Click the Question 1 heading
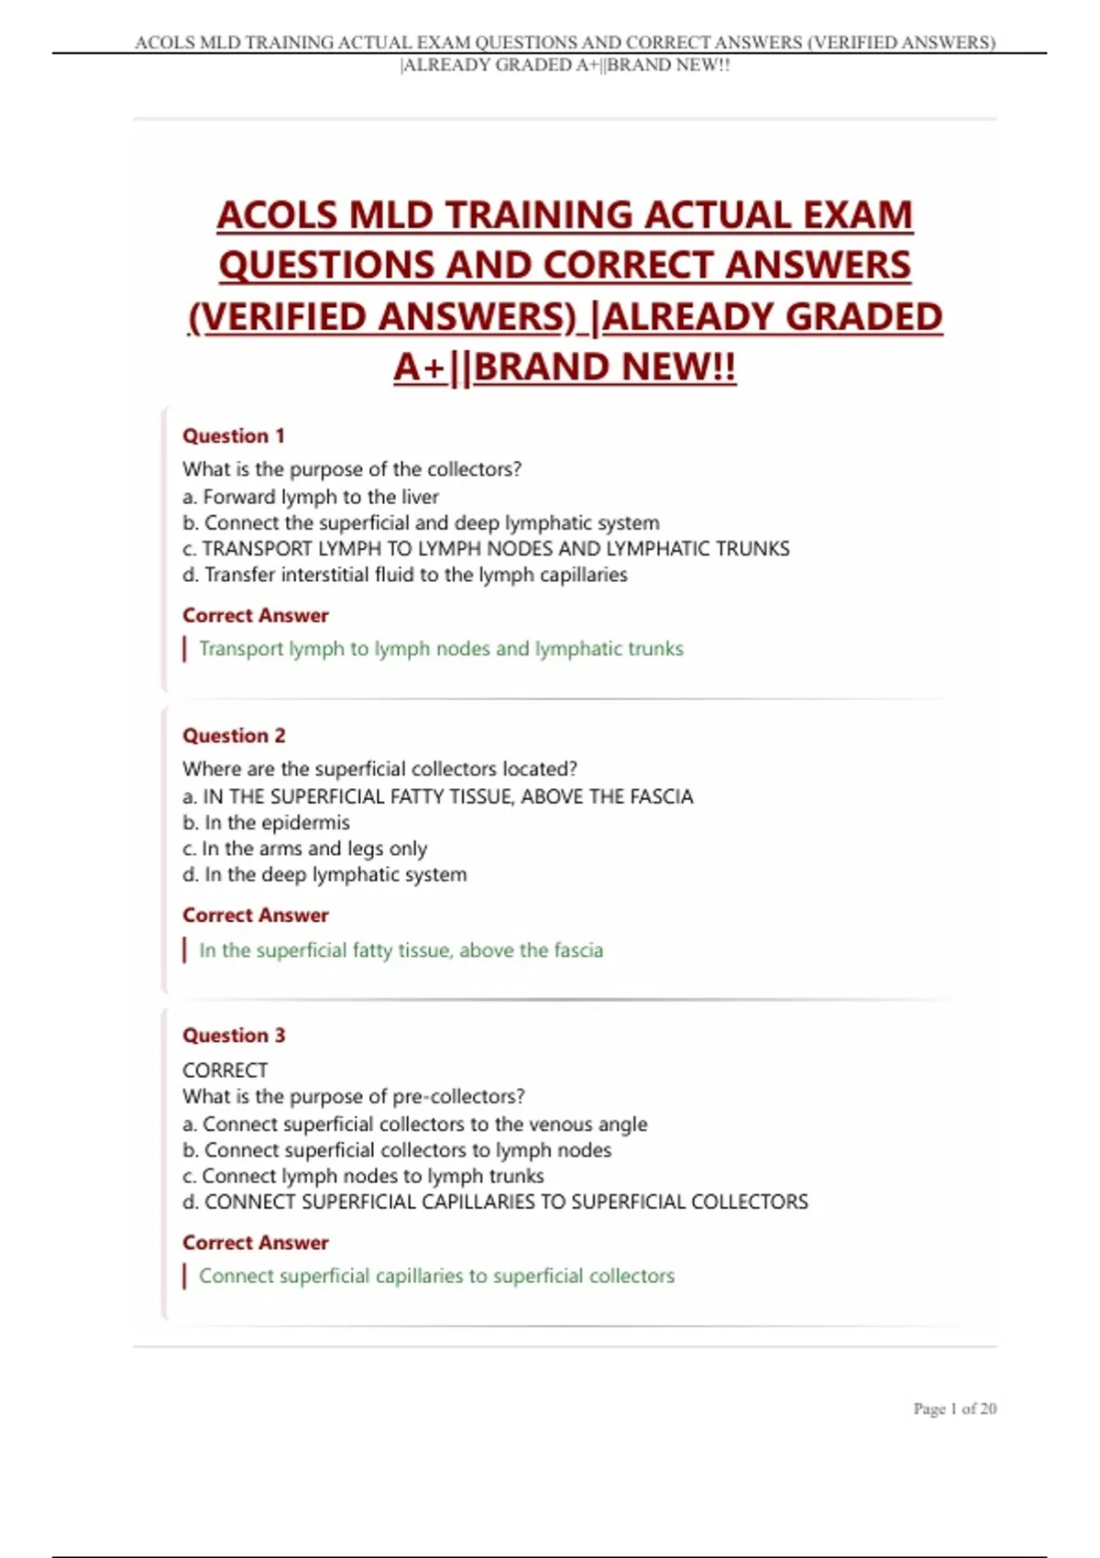(234, 435)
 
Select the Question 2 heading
(234, 735)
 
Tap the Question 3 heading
(234, 1035)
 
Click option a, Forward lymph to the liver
(311, 497)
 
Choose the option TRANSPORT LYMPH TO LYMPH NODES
(486, 548)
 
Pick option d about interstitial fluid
(405, 575)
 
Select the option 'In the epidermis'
(266, 822)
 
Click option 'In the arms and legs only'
(305, 848)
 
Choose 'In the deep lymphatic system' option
(324, 874)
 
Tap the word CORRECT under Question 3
(225, 1070)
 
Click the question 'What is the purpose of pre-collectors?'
(354, 1096)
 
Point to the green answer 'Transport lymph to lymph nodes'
(441, 648)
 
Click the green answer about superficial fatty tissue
(401, 949)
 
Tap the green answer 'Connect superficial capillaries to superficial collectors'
(436, 1275)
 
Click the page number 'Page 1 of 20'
(954, 1409)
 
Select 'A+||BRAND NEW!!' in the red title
(565, 367)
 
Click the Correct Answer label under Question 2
(256, 915)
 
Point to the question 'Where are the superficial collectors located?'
(379, 768)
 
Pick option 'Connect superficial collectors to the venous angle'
(415, 1124)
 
